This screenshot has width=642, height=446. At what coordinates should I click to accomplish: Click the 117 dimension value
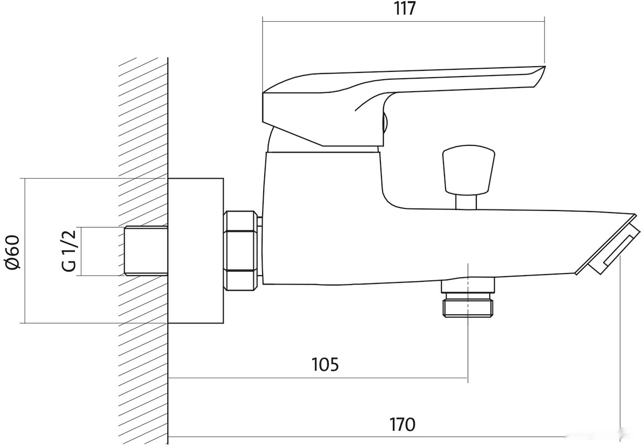[x=405, y=9]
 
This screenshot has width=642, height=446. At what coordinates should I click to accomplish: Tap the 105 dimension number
[x=325, y=365]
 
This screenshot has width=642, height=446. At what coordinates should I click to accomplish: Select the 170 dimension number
[x=402, y=425]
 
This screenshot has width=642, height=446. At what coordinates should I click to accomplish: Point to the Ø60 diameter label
[x=13, y=252]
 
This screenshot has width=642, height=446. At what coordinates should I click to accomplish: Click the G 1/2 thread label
[x=69, y=251]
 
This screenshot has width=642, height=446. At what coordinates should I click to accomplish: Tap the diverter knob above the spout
[x=468, y=170]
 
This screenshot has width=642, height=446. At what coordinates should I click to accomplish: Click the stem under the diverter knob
[x=466, y=202]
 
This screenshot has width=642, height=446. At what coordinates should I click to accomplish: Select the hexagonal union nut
[x=240, y=251]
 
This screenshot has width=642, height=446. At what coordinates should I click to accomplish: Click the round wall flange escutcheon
[x=196, y=251]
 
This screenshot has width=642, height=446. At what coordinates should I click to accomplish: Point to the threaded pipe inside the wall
[x=146, y=251]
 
